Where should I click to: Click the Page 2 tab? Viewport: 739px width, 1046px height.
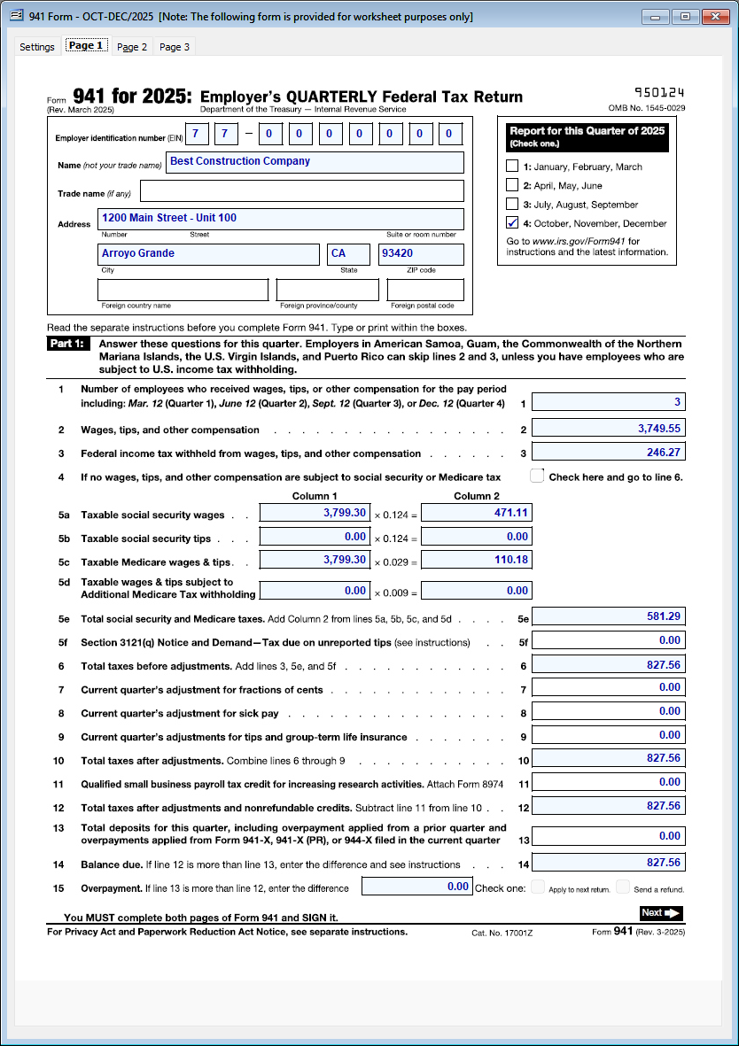tap(132, 47)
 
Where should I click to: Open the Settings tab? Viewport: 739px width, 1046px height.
tap(37, 47)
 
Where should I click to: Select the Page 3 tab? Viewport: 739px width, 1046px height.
tap(175, 47)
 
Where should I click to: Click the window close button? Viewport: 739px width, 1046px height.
tap(714, 17)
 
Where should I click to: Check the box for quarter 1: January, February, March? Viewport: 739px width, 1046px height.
tap(512, 167)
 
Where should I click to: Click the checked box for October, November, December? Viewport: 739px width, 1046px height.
tap(512, 223)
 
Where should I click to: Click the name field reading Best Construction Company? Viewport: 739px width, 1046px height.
tap(315, 162)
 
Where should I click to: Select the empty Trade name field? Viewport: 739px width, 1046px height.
tap(301, 191)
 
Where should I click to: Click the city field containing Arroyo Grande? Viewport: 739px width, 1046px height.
tap(208, 254)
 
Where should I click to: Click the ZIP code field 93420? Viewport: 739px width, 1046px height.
tap(421, 254)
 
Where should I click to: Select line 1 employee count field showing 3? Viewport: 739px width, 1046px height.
tap(608, 403)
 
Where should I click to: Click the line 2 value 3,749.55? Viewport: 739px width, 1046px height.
tap(608, 429)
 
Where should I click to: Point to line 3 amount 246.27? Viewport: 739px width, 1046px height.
tap(608, 453)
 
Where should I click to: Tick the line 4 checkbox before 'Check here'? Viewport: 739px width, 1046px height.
tap(537, 477)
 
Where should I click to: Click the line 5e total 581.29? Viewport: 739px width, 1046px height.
tap(608, 616)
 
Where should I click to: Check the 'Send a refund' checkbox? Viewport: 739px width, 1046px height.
tap(623, 887)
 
